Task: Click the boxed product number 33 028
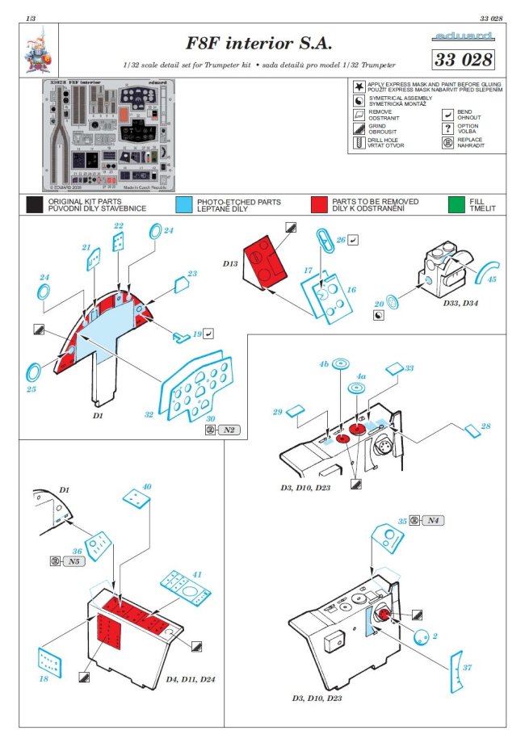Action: click(463, 59)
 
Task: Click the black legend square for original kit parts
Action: click(34, 204)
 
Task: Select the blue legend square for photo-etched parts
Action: click(185, 204)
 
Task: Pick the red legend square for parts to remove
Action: click(320, 204)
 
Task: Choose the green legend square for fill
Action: click(459, 204)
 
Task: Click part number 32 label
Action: click(148, 414)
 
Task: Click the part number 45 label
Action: click(492, 279)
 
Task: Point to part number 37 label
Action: click(469, 667)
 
